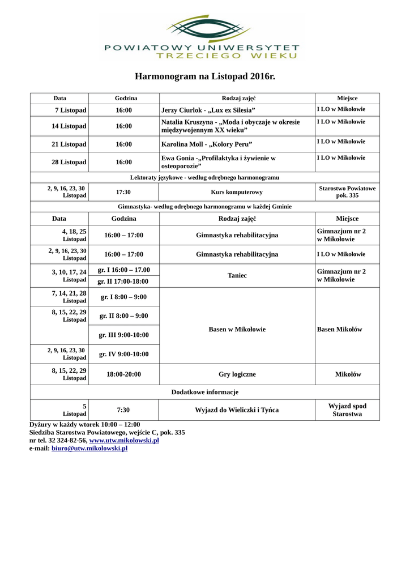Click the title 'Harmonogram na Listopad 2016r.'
click(x=204, y=76)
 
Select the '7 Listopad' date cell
click(x=70, y=110)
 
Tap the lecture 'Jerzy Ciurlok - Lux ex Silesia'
click(x=208, y=110)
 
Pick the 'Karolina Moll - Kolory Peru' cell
click(x=207, y=144)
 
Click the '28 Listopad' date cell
click(x=69, y=162)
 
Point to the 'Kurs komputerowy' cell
click(x=237, y=192)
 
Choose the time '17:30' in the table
click(x=123, y=192)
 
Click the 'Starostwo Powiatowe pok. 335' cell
click(x=347, y=192)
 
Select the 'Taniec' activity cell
click(x=237, y=275)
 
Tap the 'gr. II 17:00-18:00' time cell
click(x=123, y=282)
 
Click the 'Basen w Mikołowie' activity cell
click(x=237, y=329)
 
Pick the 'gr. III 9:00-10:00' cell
click(x=123, y=335)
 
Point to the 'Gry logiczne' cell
click(x=237, y=374)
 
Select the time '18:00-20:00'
click(x=123, y=374)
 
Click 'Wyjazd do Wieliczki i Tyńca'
click(x=237, y=410)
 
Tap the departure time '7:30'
click(x=123, y=410)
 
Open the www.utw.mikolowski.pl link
click(x=124, y=440)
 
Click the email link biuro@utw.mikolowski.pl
click(x=89, y=448)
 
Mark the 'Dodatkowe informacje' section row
click(x=204, y=392)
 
